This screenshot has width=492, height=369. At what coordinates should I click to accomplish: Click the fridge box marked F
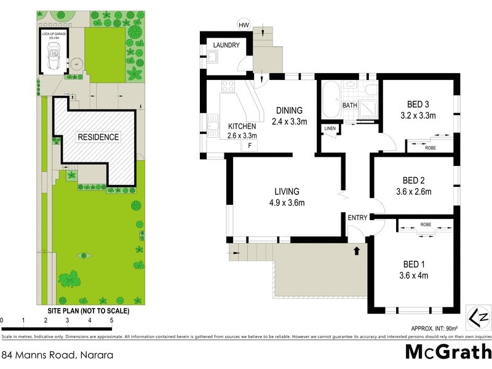click(x=250, y=145)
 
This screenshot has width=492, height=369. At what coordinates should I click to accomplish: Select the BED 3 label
click(x=418, y=103)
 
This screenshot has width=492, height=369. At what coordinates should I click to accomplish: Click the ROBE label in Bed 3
click(x=430, y=148)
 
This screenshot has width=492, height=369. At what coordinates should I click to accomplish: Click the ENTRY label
click(x=357, y=218)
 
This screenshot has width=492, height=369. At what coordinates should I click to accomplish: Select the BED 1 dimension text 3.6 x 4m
click(x=414, y=275)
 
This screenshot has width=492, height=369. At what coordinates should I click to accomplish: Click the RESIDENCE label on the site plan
click(x=98, y=137)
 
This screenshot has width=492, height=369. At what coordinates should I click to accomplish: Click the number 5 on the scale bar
click(x=111, y=320)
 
